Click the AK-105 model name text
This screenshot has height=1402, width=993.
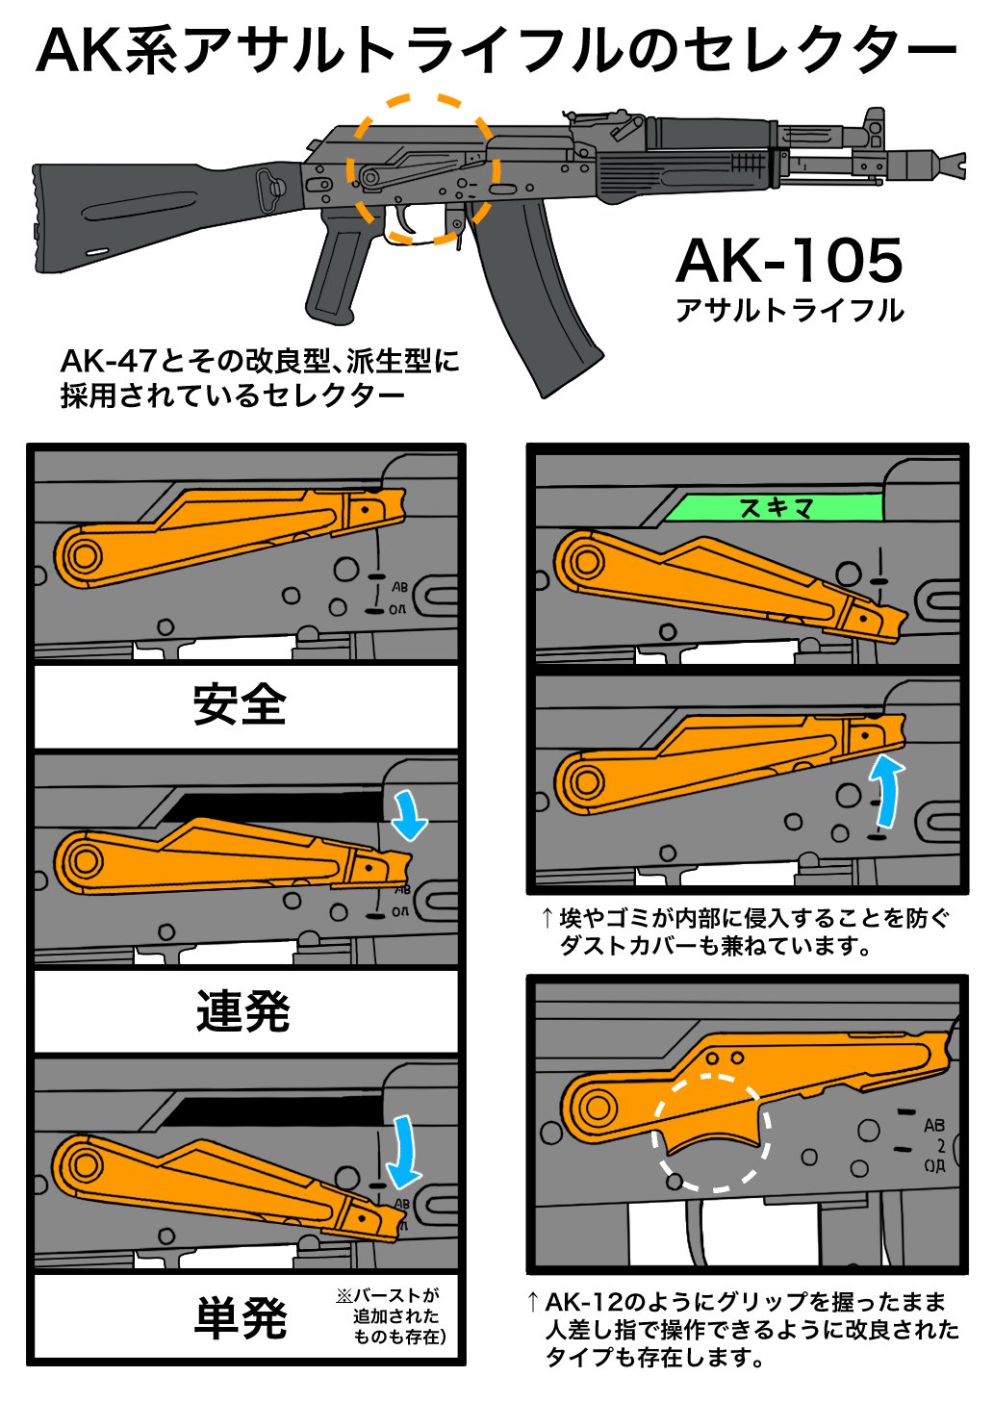tap(789, 261)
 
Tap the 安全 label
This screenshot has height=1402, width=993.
tap(240, 705)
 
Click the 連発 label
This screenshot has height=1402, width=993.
tap(242, 1011)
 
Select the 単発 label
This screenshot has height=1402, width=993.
tap(241, 1317)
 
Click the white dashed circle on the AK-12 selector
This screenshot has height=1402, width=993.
tap(710, 1132)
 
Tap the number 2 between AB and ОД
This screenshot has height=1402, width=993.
tap(940, 1145)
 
